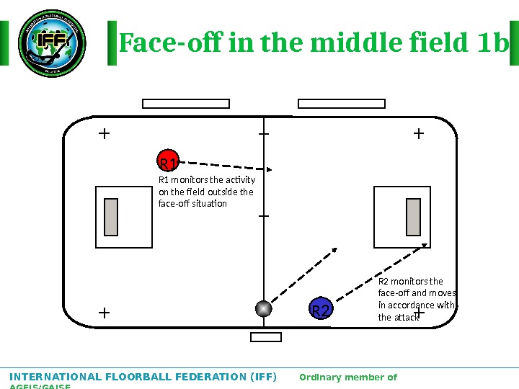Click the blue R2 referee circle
click(320, 309)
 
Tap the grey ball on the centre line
click(264, 308)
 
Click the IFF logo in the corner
click(52, 43)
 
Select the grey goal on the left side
click(111, 217)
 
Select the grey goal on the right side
click(413, 217)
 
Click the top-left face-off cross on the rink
click(104, 133)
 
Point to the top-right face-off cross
click(418, 133)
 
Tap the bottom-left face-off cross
click(104, 313)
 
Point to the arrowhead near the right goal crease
click(425, 246)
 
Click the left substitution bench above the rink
click(186, 104)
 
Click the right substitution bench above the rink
click(342, 104)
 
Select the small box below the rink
click(265, 337)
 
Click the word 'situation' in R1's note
click(209, 204)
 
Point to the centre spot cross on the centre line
click(264, 215)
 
